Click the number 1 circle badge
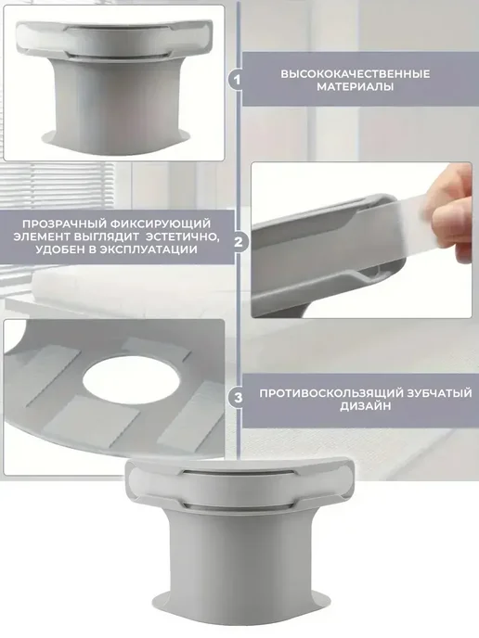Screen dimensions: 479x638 point(237,80)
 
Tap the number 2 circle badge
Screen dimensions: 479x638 point(239,242)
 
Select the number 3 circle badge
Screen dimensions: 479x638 point(238,398)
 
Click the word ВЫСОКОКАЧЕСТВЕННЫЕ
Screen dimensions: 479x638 point(356,74)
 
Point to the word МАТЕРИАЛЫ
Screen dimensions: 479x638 point(356,86)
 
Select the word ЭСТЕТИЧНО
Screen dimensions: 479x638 point(183,236)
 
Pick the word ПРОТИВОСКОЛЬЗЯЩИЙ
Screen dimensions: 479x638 point(330,393)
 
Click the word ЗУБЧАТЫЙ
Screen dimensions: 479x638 point(439,393)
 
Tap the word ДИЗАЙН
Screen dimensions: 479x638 point(366,406)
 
